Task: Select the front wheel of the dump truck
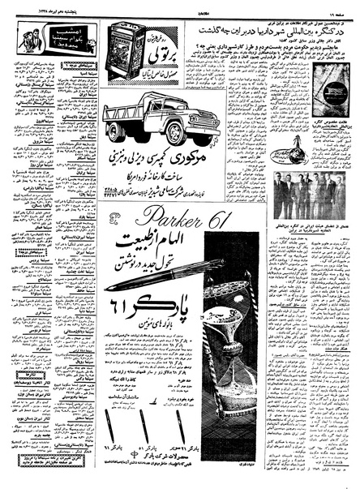click(x=177, y=132)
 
